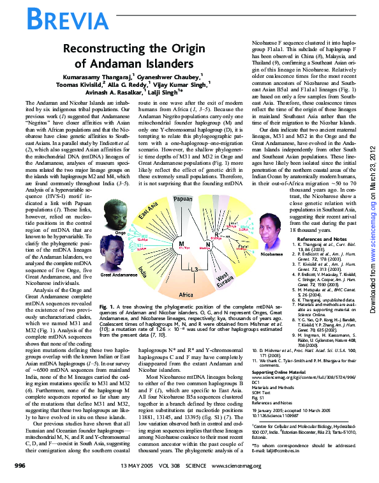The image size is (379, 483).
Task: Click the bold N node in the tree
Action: pyautogui.click(x=208, y=245)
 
